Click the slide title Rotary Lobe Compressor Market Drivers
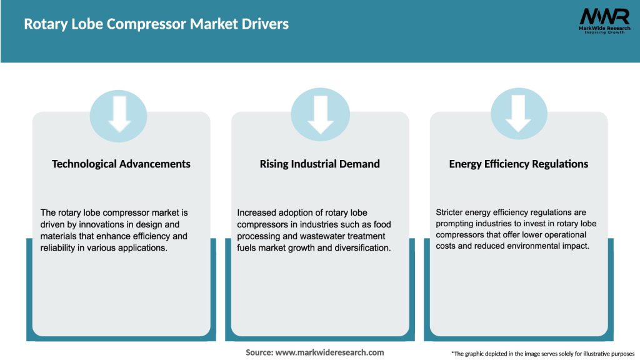pyautogui.click(x=156, y=24)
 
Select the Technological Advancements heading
pyautogui.click(x=121, y=164)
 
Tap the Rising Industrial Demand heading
pyautogui.click(x=320, y=164)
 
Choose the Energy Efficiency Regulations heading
pyautogui.click(x=519, y=164)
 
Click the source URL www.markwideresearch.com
pyautogui.click(x=329, y=352)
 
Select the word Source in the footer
pyautogui.click(x=258, y=352)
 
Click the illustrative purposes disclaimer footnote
pyautogui.click(x=542, y=354)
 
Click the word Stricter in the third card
pyautogui.click(x=451, y=212)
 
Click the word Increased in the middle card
pyautogui.click(x=256, y=212)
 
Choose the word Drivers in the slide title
pyautogui.click(x=266, y=24)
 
